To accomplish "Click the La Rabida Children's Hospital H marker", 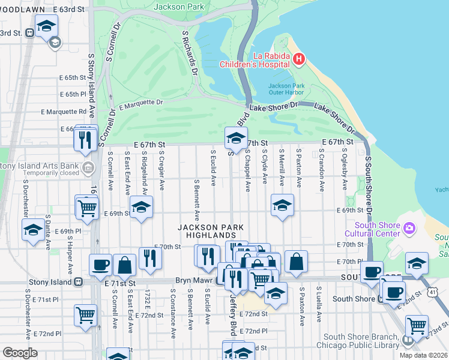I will [x=299, y=59].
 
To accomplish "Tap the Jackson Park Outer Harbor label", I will [x=286, y=89].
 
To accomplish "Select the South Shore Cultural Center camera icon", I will [x=409, y=227].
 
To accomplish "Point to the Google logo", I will [x=19, y=353].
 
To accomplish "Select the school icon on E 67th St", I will [x=236, y=139].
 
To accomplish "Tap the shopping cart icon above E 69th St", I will [x=88, y=208].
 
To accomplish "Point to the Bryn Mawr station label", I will [x=191, y=281].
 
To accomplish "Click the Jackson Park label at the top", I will [x=178, y=7].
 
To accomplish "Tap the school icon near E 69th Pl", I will [x=32, y=230].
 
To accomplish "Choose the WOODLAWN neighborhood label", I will [x=23, y=11].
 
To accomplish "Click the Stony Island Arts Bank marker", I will [x=88, y=167].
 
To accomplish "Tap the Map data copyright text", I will [x=423, y=355].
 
